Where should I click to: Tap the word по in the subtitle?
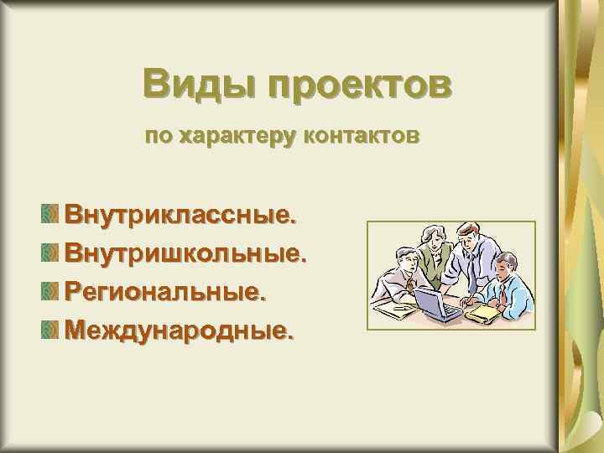tap(156, 135)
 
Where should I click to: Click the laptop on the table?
tap(438, 303)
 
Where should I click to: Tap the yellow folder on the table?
tap(484, 312)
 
